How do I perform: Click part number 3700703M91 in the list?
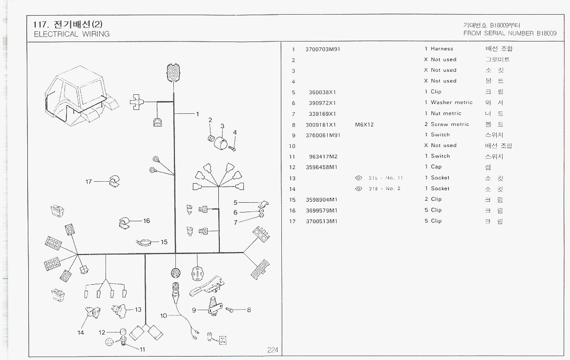[x=322, y=49]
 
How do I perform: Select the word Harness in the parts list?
[x=442, y=49]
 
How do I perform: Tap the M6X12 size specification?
[x=364, y=125]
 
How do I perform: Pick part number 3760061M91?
[x=322, y=135]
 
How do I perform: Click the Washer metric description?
[x=451, y=103]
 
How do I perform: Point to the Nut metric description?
[x=445, y=113]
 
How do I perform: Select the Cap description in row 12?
[x=436, y=167]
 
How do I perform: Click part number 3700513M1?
[x=320, y=221]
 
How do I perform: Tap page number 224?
[x=273, y=350]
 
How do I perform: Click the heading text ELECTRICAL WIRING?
[x=71, y=34]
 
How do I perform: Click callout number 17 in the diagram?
[x=88, y=182]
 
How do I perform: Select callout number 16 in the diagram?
[x=146, y=221]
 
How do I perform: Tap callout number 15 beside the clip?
[x=164, y=242]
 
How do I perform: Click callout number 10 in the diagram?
[x=163, y=316]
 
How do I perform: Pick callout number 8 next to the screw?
[x=249, y=310]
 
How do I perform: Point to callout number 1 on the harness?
[x=197, y=114]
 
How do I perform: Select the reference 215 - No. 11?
[x=385, y=178]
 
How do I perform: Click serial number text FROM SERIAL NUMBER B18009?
[x=509, y=34]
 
